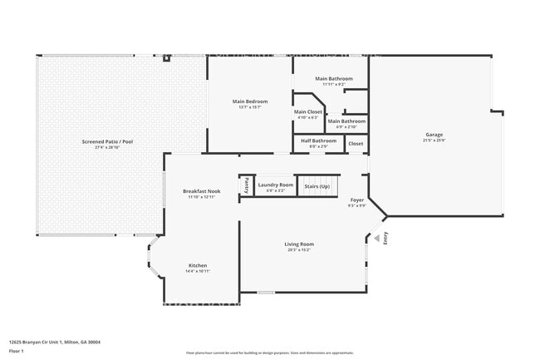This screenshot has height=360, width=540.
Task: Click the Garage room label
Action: pyautogui.click(x=434, y=135)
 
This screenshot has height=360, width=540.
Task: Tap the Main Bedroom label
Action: pyautogui.click(x=249, y=101)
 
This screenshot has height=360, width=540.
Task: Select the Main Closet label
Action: pyautogui.click(x=308, y=111)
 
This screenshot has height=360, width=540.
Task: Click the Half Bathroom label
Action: pyautogui.click(x=318, y=141)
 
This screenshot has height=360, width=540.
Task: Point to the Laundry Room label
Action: pyautogui.click(x=275, y=185)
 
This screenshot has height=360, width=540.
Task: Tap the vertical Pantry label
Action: pyautogui.click(x=246, y=185)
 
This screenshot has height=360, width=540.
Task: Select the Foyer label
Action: pyautogui.click(x=356, y=200)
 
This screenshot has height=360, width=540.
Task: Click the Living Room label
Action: pyautogui.click(x=299, y=244)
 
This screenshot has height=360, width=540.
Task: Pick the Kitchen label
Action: pyautogui.click(x=198, y=265)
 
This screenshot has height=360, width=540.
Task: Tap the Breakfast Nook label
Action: pyautogui.click(x=202, y=191)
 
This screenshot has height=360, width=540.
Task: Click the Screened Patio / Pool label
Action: pyautogui.click(x=107, y=141)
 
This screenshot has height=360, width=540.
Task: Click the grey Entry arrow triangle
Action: pyautogui.click(x=376, y=239)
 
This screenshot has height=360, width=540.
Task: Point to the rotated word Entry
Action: pyautogui.click(x=385, y=238)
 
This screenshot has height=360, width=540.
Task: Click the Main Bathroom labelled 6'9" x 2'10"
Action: pyautogui.click(x=346, y=121)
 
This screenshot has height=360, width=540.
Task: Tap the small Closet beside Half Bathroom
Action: pyautogui.click(x=356, y=143)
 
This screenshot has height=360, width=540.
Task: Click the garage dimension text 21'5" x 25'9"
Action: pyautogui.click(x=434, y=141)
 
